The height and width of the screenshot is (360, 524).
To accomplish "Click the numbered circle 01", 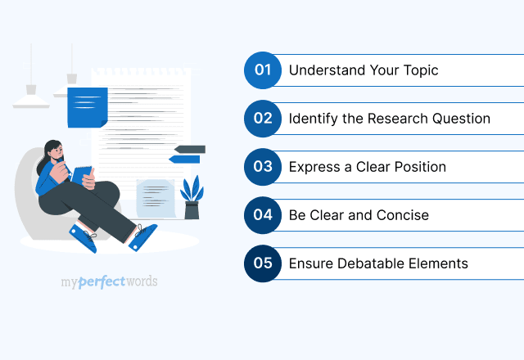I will coord(262,70).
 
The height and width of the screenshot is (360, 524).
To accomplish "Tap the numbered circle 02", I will coord(262,119).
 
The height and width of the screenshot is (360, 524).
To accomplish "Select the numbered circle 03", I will coord(262,167).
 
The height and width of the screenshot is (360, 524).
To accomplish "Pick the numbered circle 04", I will coord(262,215).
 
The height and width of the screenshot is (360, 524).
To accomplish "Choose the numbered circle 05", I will coord(262,263).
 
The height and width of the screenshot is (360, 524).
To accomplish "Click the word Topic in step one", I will coord(420,70).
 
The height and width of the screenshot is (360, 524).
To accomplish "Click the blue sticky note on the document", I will coord(87,106).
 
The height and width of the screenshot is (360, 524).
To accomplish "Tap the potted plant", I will coord(192,199).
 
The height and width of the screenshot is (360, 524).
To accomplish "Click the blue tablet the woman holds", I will coord(82,174).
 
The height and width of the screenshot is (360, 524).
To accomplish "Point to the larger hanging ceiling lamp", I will coord(31,97).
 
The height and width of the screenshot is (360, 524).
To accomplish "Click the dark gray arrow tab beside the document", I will coord(190,150).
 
